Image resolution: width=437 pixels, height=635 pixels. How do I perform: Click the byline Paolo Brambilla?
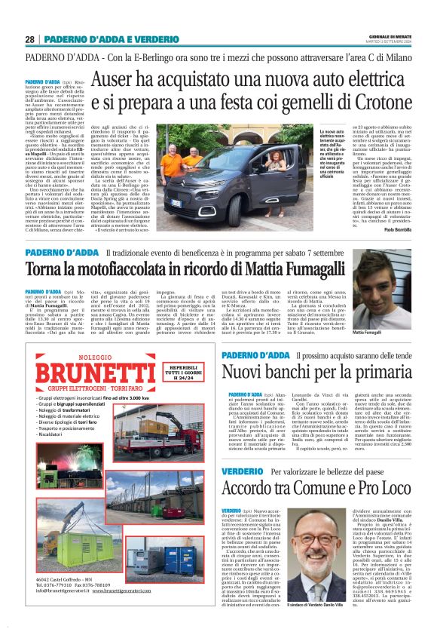396,229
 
